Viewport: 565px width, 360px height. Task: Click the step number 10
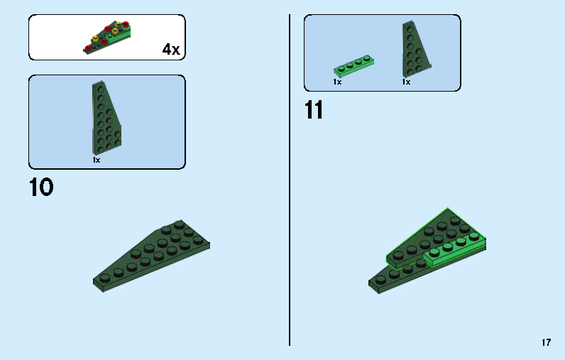point(41,187)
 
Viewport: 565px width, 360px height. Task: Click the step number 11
point(314,110)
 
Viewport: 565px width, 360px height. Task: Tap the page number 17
point(547,342)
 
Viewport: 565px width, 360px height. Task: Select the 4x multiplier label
point(171,49)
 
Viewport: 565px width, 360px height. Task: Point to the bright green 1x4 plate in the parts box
point(353,65)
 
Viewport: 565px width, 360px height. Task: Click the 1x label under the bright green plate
point(337,82)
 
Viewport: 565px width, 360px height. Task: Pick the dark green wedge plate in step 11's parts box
point(416,49)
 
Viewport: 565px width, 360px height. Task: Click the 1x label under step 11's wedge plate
point(406,82)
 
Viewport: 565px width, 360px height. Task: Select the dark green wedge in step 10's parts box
point(106,118)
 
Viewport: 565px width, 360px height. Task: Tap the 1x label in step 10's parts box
point(97,160)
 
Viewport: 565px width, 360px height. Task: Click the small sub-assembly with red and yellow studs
point(107,38)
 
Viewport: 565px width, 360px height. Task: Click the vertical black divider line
point(290,180)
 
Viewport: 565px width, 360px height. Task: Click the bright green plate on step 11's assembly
point(455,251)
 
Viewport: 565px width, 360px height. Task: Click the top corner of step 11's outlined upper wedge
point(448,208)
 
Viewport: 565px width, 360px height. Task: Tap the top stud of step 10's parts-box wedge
point(101,89)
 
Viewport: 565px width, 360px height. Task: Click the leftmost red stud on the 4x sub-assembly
point(88,48)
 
